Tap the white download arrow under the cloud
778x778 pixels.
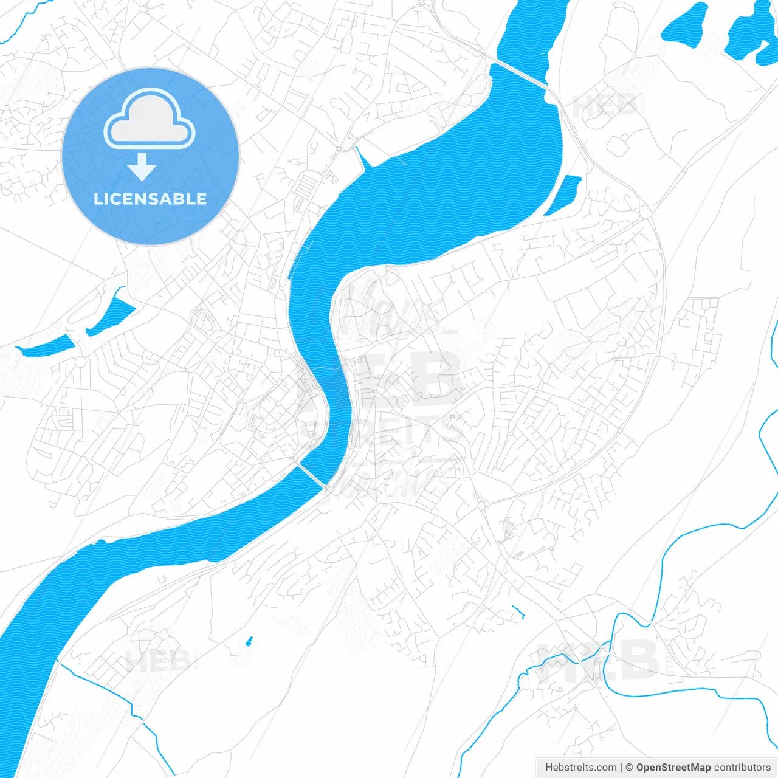pos(142,167)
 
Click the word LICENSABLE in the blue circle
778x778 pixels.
pos(150,199)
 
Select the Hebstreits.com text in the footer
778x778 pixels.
pos(580,768)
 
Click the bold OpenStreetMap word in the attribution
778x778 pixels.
pos(673,768)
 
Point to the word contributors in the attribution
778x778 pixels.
pos(742,768)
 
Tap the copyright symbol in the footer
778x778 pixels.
pos(629,768)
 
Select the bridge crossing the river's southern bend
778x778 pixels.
pos(311,474)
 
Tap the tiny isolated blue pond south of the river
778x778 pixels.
pos(248,641)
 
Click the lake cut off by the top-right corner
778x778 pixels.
pos(754,33)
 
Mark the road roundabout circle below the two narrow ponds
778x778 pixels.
pos(80,362)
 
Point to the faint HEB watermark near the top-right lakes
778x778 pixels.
pos(605,106)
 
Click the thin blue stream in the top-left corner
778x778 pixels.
pos(18,24)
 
